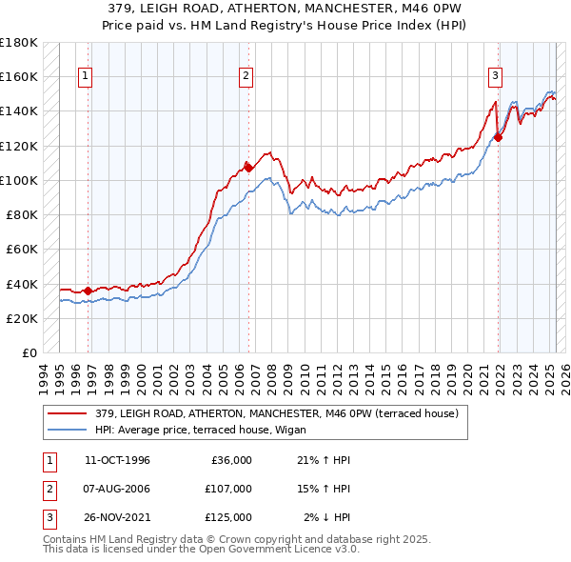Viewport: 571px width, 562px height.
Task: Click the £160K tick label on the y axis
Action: click(x=18, y=76)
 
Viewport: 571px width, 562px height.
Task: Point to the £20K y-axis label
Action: click(x=21, y=318)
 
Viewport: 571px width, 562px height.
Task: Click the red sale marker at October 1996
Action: click(x=89, y=291)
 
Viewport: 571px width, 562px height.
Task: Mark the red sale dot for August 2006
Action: click(x=248, y=168)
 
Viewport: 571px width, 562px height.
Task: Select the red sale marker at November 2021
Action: click(x=498, y=136)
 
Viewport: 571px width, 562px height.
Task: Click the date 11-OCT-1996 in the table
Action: click(x=117, y=460)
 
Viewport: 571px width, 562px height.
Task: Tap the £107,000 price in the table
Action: click(x=228, y=489)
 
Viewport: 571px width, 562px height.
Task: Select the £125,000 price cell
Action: click(x=228, y=517)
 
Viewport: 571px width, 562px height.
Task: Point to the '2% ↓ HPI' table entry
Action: click(x=327, y=517)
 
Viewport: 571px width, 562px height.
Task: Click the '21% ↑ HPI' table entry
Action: click(x=325, y=460)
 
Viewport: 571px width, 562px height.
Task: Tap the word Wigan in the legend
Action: click(x=287, y=429)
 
